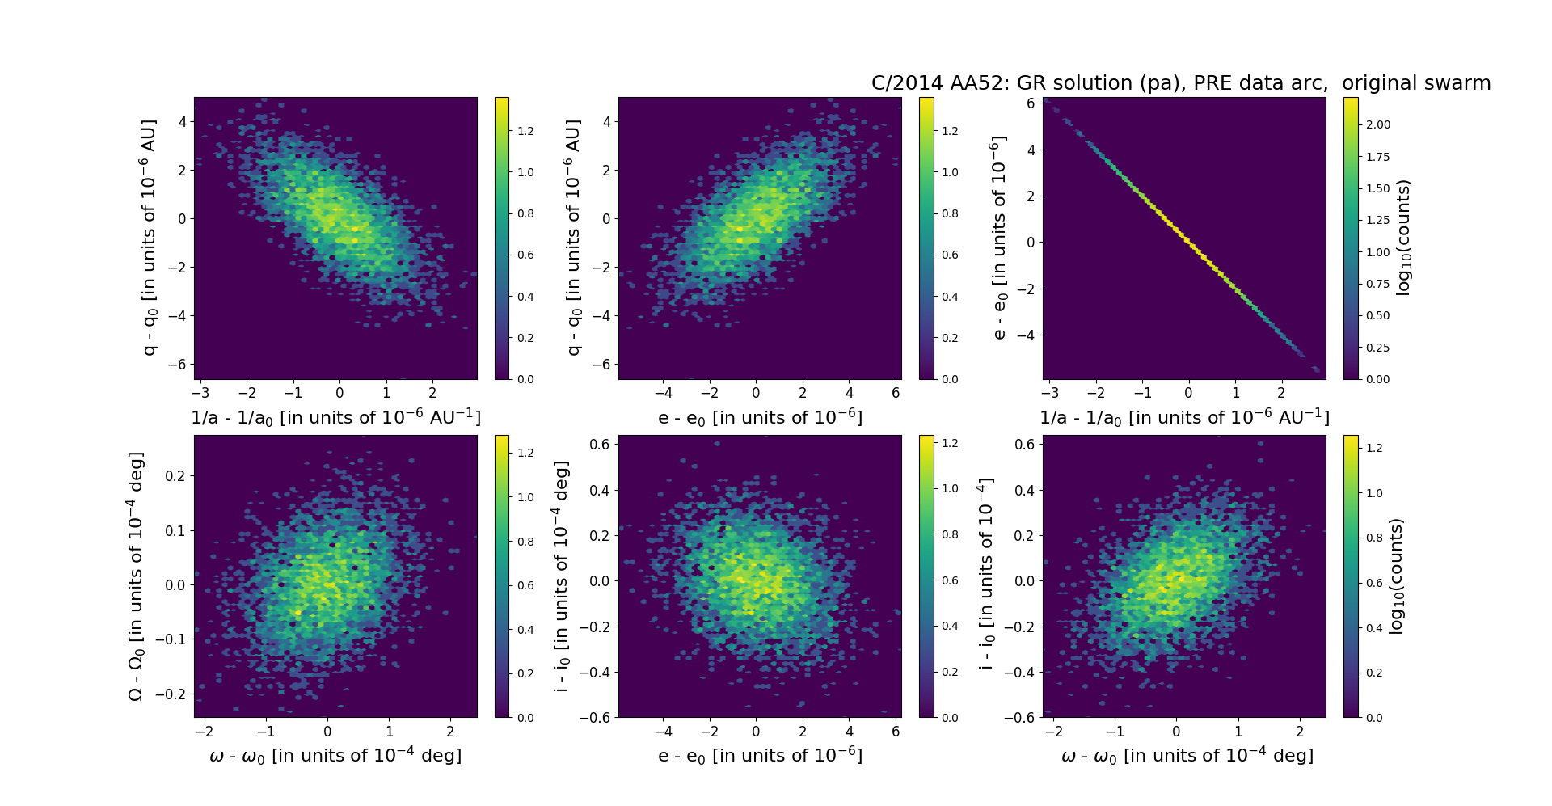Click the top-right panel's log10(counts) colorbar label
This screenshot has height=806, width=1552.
pos(1404,238)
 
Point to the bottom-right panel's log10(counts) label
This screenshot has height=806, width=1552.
pos(1396,576)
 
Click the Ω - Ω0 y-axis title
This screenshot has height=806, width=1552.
pos(137,576)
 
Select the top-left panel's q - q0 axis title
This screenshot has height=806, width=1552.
pos(150,238)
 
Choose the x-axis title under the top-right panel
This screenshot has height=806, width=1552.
pos(1184,418)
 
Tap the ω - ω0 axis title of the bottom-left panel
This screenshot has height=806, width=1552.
pos(335,756)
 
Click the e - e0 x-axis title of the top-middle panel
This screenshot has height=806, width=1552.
pos(760,418)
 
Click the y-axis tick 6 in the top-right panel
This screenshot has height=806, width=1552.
pos(1031,103)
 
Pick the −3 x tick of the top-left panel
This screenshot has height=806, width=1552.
pos(200,393)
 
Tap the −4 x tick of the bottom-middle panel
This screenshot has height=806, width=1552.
pos(663,732)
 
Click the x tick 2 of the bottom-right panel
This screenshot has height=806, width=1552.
pos(1300,732)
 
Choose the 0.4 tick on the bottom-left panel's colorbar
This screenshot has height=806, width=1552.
pos(525,630)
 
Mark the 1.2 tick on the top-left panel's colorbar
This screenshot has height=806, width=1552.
pos(525,131)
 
